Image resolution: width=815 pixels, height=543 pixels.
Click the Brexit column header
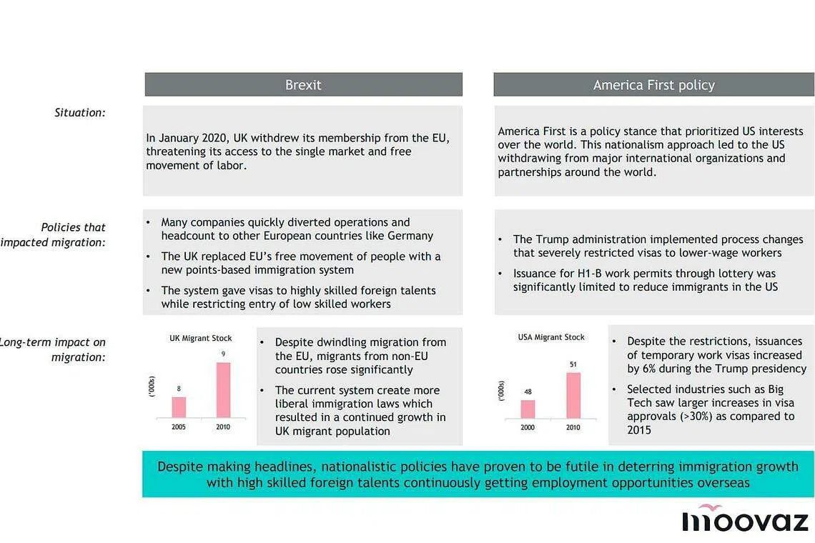coord(303,85)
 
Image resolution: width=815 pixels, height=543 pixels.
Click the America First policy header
coord(653,85)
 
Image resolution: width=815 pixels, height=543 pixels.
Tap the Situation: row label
coord(80,112)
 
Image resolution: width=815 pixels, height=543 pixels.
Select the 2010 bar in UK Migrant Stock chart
coord(224,390)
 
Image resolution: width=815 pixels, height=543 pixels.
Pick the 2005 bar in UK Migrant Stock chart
coord(179,407)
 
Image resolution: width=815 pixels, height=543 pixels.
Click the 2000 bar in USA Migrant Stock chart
coord(528,409)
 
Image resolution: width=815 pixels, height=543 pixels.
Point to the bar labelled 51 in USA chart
coord(573,395)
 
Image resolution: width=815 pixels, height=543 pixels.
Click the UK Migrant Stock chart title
coord(200,338)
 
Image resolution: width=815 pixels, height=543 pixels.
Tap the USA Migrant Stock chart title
coord(551,337)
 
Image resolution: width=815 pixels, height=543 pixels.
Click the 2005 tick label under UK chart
coord(179,427)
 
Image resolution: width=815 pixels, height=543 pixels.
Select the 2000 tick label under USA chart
coord(528,427)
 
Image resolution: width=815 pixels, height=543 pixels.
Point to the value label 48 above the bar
coord(528,392)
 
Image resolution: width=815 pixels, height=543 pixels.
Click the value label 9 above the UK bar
coord(224,354)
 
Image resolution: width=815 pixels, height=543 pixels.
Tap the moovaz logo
coord(744,519)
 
